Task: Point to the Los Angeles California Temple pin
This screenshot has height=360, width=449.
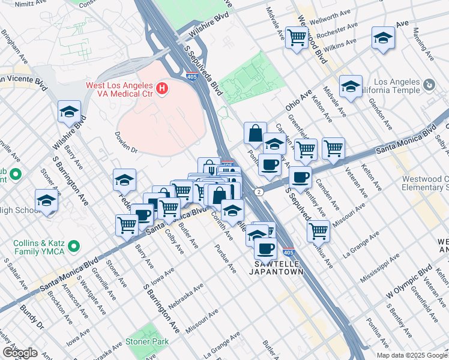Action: point(428,85)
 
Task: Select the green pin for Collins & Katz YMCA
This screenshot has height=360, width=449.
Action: point(74,246)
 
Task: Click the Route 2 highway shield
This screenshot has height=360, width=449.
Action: point(258,191)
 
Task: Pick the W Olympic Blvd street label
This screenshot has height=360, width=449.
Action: point(409,280)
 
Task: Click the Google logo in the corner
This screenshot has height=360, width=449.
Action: point(20,352)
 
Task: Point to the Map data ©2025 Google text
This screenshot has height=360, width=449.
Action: point(411,355)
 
